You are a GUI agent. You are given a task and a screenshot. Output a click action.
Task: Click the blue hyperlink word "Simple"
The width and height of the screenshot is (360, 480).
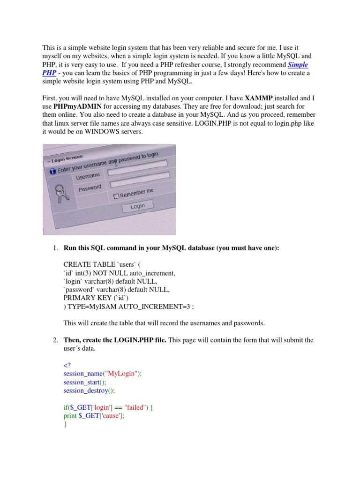[x=298, y=65]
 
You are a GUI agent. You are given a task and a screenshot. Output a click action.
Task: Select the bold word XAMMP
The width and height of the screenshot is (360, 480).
[x=259, y=98]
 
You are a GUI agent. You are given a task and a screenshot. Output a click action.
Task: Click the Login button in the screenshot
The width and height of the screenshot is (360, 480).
[x=137, y=206]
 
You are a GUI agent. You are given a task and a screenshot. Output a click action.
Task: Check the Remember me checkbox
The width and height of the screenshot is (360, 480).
[x=116, y=196]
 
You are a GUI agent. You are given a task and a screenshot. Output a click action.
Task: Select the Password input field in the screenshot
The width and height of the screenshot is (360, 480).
[x=141, y=182]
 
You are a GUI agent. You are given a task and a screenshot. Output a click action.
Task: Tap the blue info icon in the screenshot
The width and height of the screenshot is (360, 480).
[x=52, y=172]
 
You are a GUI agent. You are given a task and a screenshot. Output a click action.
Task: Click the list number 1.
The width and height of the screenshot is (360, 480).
[x=54, y=248]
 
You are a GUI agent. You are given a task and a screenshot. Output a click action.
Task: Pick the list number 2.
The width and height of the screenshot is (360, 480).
[x=54, y=340]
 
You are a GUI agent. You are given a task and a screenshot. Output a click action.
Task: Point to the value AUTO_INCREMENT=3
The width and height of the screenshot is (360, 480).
[x=151, y=306]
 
